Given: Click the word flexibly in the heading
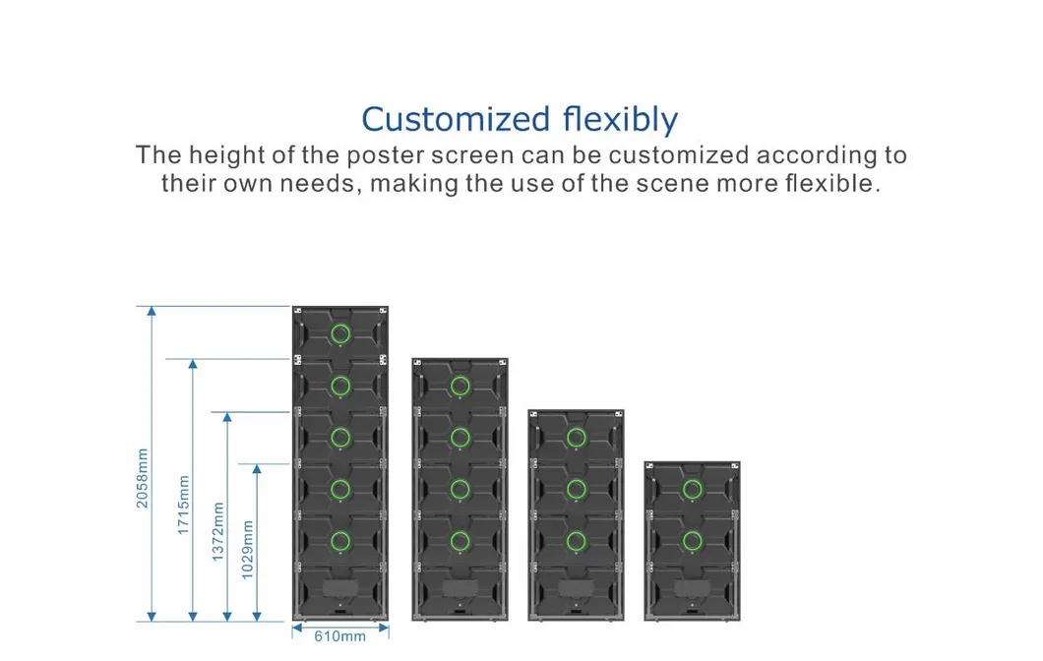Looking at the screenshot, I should point(621,120).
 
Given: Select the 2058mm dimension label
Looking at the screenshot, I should point(142,479).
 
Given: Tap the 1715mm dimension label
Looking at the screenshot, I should point(183,505).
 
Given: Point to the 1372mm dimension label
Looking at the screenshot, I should point(217,531).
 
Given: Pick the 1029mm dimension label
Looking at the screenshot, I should point(248,549).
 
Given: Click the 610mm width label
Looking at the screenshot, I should point(339,636).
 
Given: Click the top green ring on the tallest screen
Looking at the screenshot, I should point(340,331).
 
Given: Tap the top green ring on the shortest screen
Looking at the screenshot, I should point(693,488).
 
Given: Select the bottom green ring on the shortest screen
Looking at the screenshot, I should point(693,540).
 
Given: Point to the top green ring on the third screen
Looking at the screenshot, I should point(577,437).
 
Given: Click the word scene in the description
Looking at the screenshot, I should point(665,184).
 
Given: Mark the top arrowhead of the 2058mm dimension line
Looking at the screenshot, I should point(152,312).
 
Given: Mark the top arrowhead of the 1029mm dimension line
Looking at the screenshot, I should point(258,469).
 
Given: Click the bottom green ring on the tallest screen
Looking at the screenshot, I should point(340,540).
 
